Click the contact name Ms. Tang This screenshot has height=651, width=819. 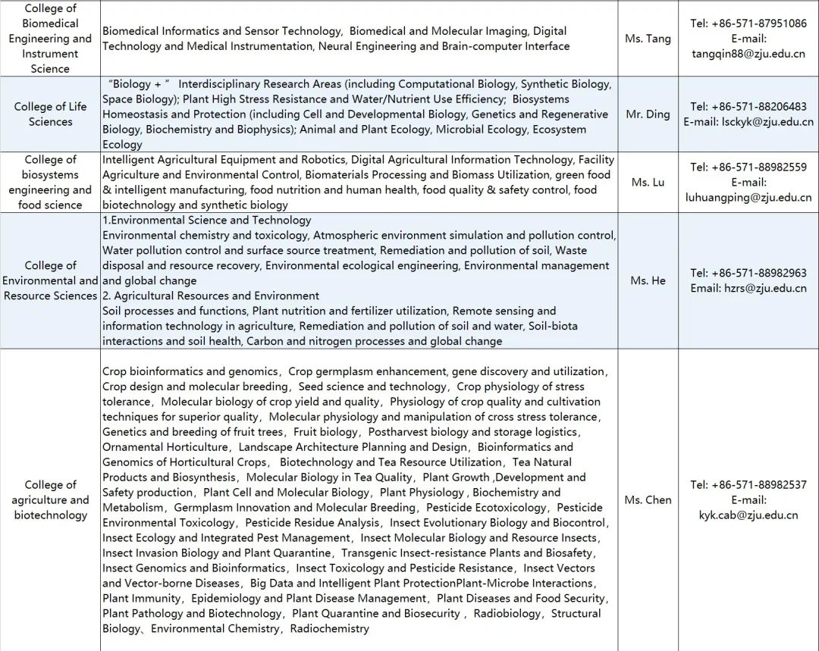(648, 39)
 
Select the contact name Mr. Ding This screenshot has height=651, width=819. (648, 114)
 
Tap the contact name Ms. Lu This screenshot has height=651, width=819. (648, 182)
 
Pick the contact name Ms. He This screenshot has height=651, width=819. (648, 280)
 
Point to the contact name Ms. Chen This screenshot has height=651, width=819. (648, 500)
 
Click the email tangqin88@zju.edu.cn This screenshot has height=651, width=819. (748, 54)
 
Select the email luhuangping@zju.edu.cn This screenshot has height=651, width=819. (748, 197)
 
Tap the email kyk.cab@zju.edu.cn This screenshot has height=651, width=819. (748, 515)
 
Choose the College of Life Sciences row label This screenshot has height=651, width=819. (51, 114)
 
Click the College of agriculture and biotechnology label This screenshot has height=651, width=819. (51, 500)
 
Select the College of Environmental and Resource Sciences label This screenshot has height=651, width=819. (51, 280)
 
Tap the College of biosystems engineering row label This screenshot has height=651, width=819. (51, 182)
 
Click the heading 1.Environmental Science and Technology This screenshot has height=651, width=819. (207, 220)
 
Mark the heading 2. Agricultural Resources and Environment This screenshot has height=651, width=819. (211, 296)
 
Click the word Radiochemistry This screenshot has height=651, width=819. (329, 628)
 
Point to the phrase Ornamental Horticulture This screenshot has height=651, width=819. (165, 447)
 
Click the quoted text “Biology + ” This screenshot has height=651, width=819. (140, 84)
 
